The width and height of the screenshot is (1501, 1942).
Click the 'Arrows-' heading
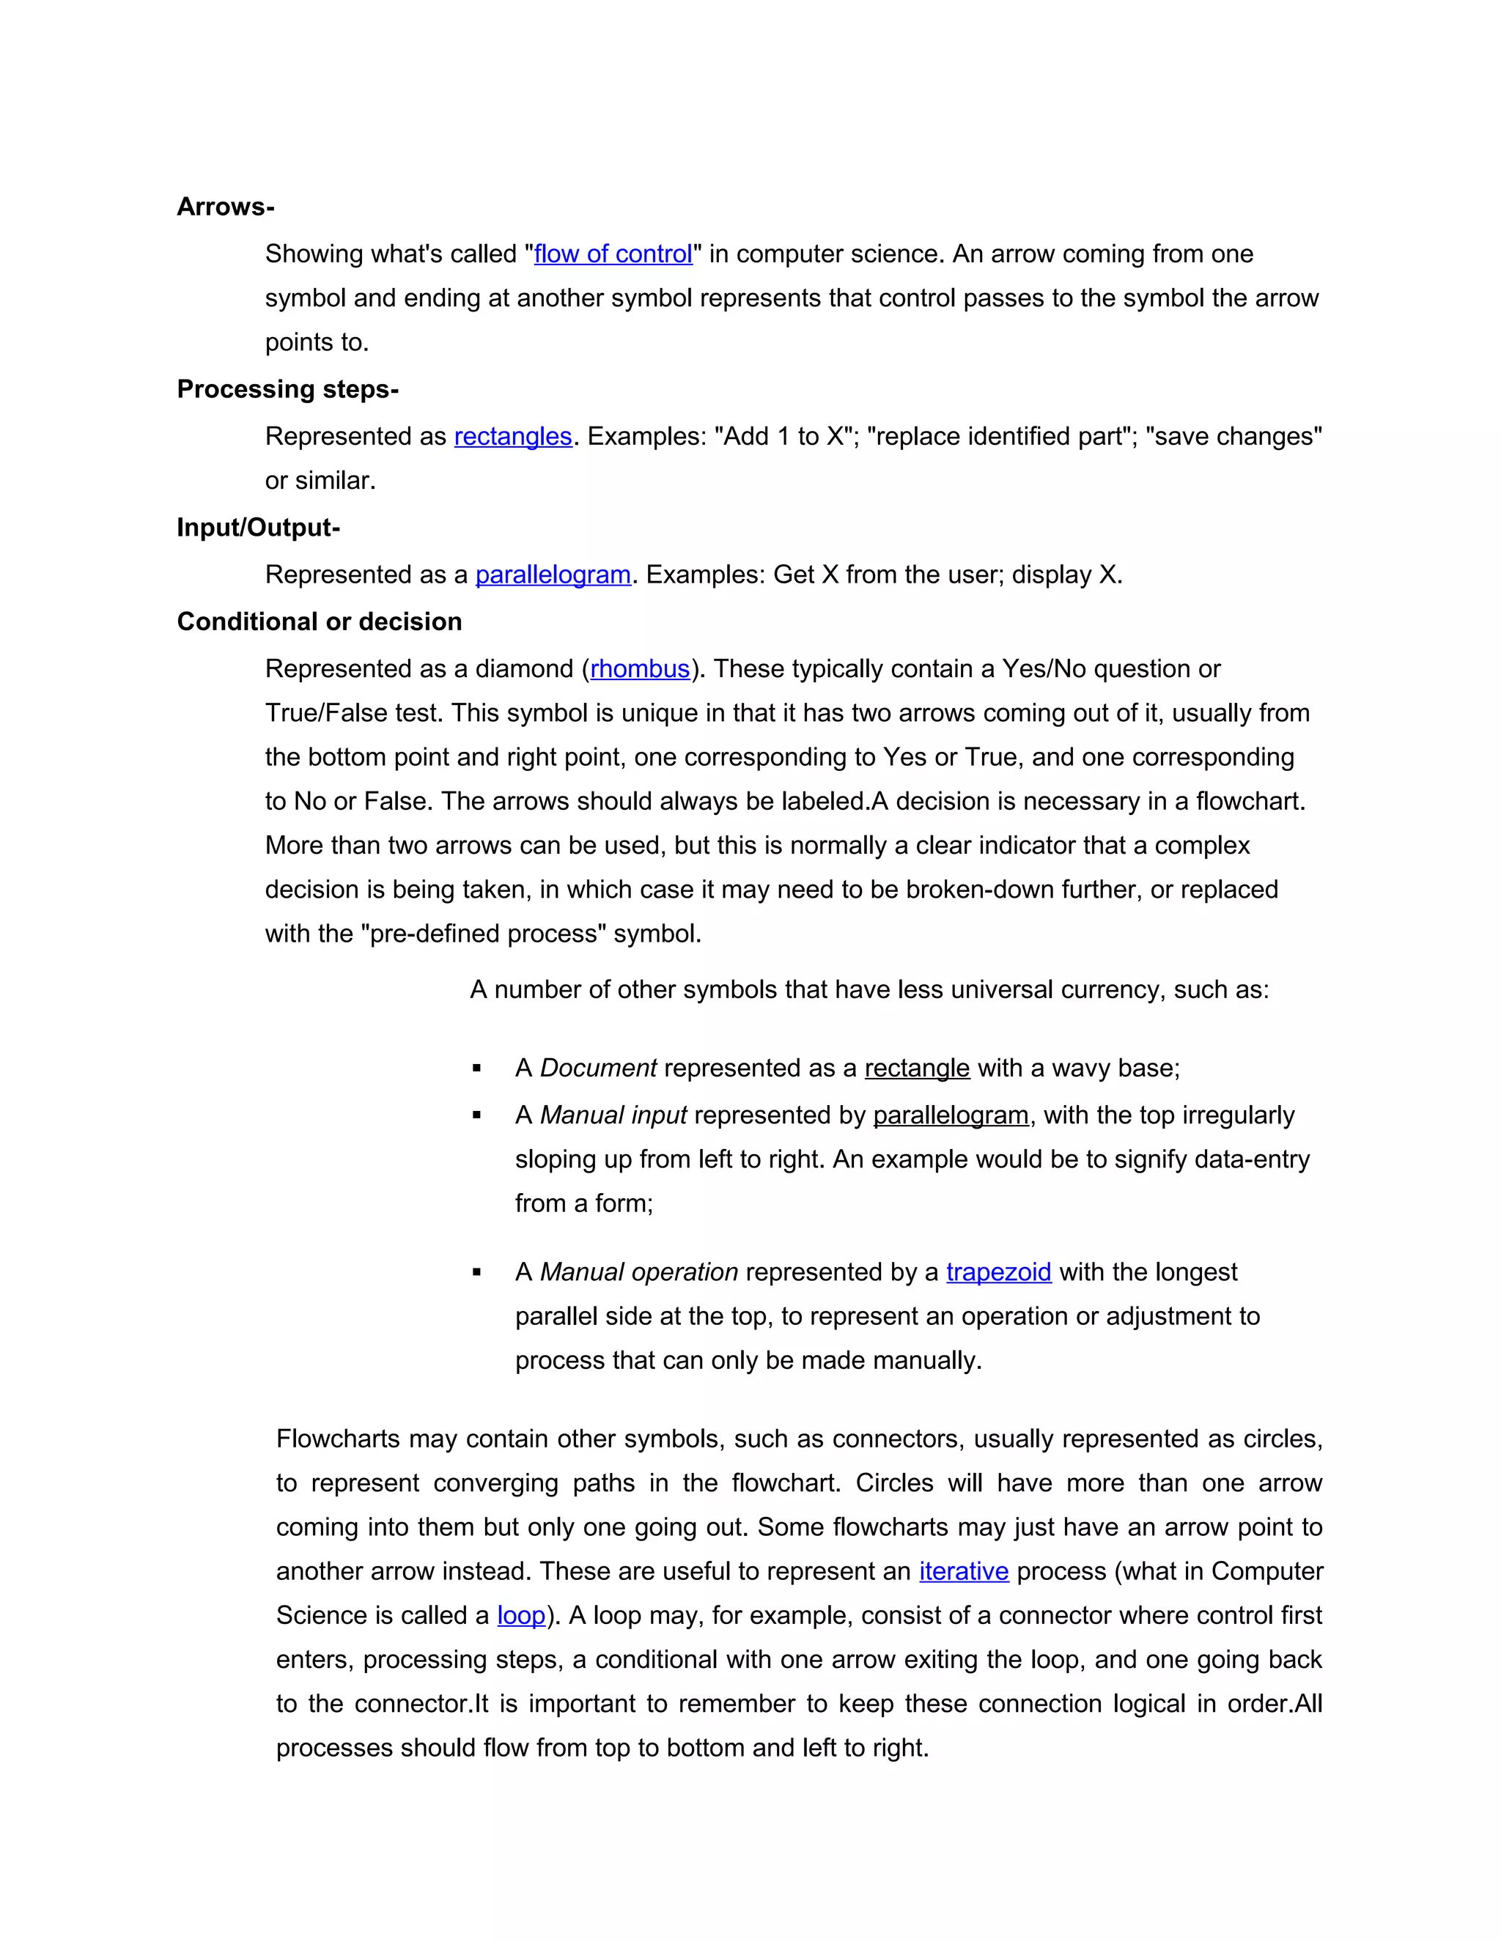point(226,207)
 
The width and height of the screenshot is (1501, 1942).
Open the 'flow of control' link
point(613,254)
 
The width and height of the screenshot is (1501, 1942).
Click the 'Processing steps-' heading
point(287,389)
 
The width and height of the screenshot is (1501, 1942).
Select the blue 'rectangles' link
point(513,437)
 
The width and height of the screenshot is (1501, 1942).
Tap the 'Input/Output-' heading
point(258,528)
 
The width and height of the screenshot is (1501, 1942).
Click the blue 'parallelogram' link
point(553,575)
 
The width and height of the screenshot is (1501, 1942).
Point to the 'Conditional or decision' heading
point(320,621)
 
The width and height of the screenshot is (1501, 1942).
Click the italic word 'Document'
point(597,1068)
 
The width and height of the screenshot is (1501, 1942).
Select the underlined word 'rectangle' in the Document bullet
point(917,1068)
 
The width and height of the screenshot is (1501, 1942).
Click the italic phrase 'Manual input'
point(613,1115)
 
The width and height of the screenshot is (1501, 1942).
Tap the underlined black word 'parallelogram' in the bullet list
point(951,1115)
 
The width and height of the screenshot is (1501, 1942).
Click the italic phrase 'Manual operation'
point(638,1272)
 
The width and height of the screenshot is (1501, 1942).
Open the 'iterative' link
point(963,1571)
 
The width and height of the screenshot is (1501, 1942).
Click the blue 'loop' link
point(521,1616)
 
